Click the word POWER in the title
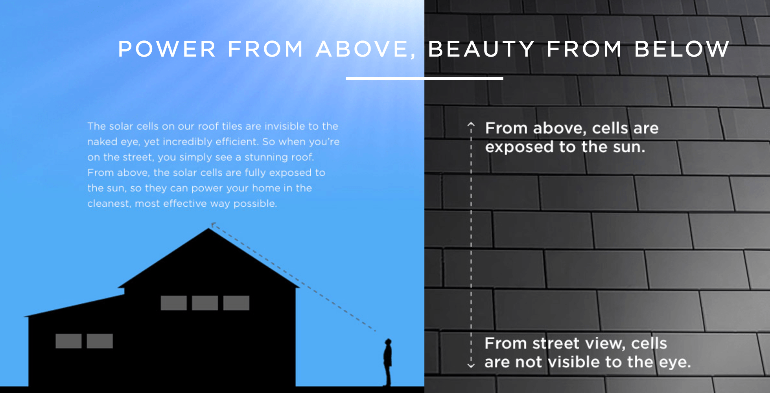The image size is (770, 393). tap(167, 49)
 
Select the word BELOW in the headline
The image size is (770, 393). tap(682, 49)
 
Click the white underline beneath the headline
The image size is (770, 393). tap(425, 79)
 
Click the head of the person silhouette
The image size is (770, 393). tap(389, 342)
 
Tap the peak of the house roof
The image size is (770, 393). tap(209, 229)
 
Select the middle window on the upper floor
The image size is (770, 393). tap(205, 303)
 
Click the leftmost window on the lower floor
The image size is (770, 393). tap(68, 341)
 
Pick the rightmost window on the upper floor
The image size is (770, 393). tap(236, 303)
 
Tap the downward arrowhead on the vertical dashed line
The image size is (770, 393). tap(471, 365)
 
